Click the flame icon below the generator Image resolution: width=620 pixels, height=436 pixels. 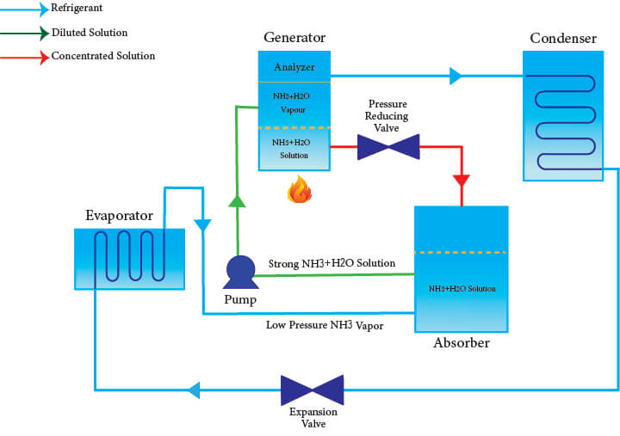(299, 189)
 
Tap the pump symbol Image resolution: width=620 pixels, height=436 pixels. (239, 272)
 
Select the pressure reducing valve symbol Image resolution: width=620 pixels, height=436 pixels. (388, 146)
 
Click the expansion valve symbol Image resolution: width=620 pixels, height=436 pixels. (312, 390)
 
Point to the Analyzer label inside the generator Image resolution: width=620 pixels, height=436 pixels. (294, 67)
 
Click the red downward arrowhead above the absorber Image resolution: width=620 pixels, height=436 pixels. (461, 181)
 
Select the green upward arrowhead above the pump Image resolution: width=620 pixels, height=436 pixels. (237, 201)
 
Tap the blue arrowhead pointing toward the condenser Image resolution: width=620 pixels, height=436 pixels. (456, 77)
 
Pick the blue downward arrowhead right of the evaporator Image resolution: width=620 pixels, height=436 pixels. (202, 226)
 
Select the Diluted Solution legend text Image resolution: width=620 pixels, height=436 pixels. (90, 33)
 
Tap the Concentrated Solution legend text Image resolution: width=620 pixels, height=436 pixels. (103, 56)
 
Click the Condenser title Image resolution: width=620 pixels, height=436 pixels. (563, 38)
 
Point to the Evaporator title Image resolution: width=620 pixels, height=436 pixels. (119, 215)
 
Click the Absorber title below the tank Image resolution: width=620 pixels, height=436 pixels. (461, 343)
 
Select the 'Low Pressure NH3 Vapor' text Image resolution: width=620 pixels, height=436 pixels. (325, 325)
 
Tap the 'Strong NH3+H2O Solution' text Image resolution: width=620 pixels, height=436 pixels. (332, 263)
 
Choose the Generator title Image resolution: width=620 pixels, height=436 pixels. (294, 38)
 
